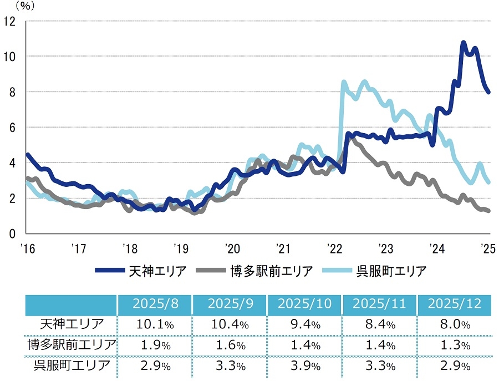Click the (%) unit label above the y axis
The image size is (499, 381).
[24, 6]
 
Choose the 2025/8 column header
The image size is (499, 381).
[154, 305]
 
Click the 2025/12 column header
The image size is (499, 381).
[455, 305]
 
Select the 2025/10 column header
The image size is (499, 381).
[304, 305]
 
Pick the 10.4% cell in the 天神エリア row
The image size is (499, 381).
[229, 324]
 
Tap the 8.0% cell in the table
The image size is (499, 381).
[455, 324]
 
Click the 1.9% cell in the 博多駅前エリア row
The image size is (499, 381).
[154, 345]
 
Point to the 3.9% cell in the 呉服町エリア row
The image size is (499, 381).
[304, 366]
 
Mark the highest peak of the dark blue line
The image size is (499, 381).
[464, 43]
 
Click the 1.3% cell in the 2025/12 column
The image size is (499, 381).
[455, 345]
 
